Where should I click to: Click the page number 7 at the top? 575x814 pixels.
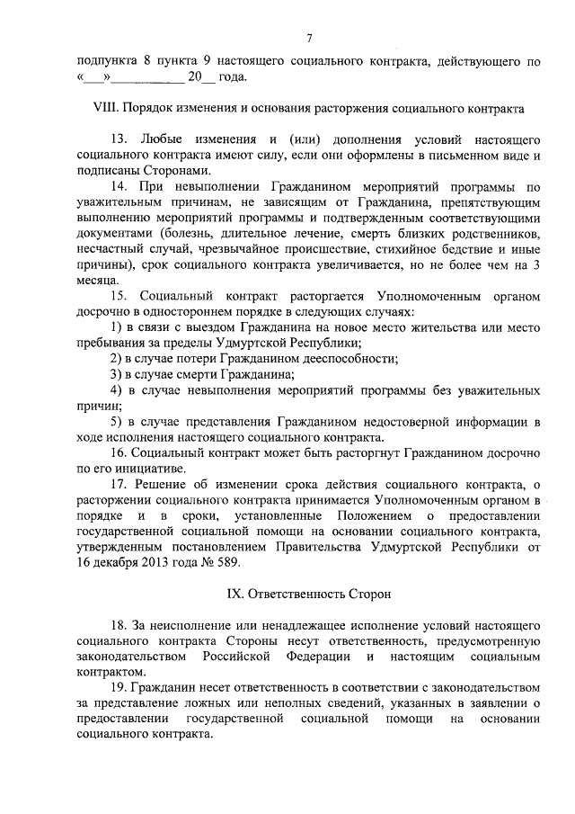309,38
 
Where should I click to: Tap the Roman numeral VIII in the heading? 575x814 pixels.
107,108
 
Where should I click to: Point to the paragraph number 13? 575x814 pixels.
119,142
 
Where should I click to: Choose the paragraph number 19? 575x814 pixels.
119,688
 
